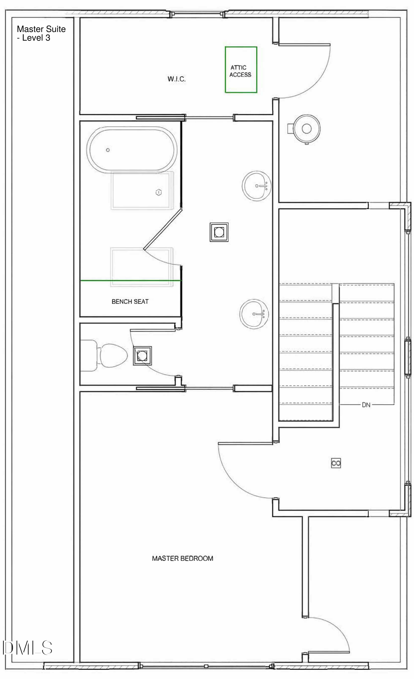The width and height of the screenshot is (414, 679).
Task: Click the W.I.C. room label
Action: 176,79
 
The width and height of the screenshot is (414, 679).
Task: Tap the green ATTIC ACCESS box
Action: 241,47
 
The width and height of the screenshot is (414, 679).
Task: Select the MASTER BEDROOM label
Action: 183,558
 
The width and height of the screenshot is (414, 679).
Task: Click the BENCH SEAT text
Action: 130,301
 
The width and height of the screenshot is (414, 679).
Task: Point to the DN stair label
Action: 366,405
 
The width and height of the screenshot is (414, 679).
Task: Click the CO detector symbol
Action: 336,463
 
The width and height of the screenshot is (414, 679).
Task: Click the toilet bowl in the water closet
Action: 114,355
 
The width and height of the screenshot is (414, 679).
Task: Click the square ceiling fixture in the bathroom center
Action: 219,232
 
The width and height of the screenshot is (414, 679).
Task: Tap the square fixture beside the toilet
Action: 142,356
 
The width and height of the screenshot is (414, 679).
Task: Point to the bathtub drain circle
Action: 108,150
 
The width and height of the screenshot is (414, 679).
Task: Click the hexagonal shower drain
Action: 158,192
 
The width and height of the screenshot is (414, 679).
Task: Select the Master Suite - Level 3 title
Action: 41,33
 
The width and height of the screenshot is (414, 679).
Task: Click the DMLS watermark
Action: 27,648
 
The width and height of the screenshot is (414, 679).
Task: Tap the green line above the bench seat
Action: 131,280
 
